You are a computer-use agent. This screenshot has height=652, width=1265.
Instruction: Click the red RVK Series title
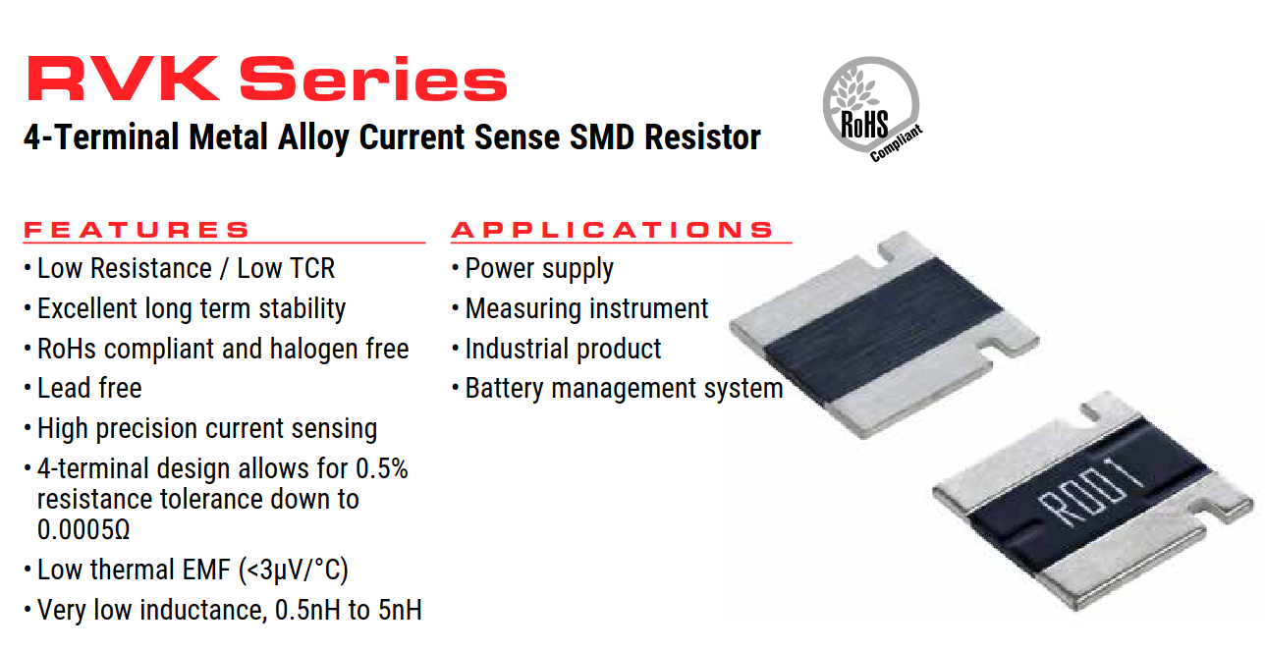(x=266, y=79)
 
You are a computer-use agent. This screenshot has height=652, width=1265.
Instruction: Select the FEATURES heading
(x=137, y=230)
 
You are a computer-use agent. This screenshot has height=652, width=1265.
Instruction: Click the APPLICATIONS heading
(x=612, y=230)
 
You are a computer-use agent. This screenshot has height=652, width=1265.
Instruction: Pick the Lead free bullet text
(x=89, y=388)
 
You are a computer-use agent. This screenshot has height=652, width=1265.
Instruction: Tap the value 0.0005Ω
(x=83, y=529)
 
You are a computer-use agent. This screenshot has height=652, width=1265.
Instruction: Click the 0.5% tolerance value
(x=382, y=468)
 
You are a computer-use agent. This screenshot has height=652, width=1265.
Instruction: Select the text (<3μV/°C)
(x=294, y=570)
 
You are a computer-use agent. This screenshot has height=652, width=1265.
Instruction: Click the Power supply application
(x=539, y=269)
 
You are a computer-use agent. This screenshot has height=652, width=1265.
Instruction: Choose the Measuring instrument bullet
(x=586, y=308)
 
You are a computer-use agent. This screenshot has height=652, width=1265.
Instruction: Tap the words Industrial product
(x=563, y=349)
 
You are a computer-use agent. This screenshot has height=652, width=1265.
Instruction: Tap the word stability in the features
(x=302, y=308)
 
